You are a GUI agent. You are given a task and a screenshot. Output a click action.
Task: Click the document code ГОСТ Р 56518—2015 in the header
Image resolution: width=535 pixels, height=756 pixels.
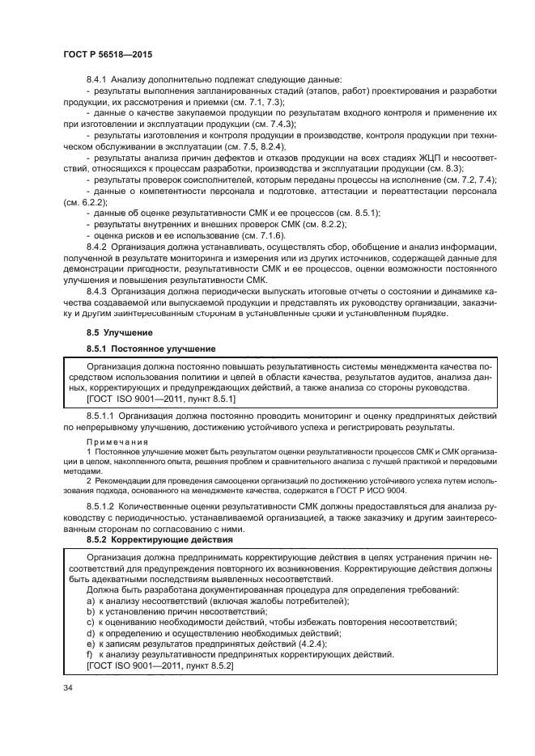pos(107,53)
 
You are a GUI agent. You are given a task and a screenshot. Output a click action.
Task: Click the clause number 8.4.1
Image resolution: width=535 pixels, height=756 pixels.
pos(97,79)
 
